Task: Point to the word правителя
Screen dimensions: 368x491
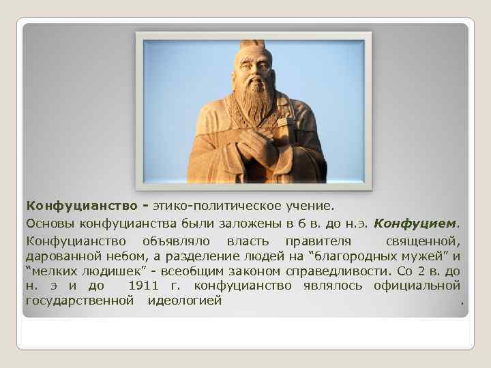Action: pyautogui.click(x=318, y=241)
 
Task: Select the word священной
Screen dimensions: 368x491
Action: pyautogui.click(x=423, y=241)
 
